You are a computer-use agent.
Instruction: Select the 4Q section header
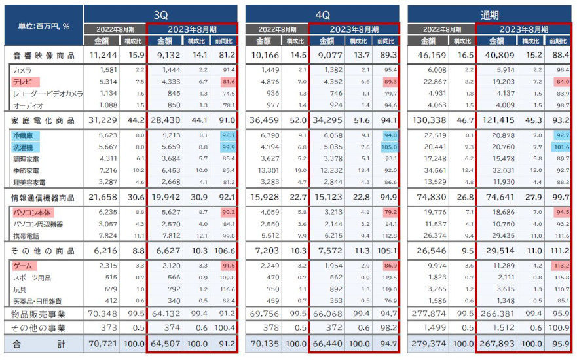322,13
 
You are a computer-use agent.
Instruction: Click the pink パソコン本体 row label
33,213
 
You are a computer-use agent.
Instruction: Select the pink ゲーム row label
24,266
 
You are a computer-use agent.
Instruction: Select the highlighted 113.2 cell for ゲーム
562,266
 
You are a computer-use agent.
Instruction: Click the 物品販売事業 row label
41,315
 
